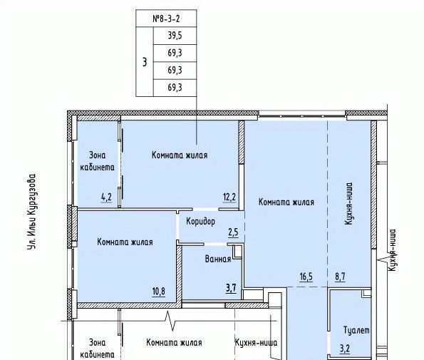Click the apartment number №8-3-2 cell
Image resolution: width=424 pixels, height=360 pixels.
click(x=166, y=19)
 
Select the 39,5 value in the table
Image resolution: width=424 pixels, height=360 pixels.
click(x=175, y=36)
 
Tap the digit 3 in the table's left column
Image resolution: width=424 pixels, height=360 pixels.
click(x=145, y=62)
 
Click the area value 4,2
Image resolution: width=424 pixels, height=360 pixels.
click(x=106, y=197)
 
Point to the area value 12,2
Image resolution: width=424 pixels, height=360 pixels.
click(x=229, y=197)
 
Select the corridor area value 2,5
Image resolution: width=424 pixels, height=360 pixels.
click(x=233, y=232)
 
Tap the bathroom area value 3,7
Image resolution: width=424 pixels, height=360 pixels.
click(x=231, y=288)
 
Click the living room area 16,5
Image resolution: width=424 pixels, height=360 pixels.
click(x=306, y=277)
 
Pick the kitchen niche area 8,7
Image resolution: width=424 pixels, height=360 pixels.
click(x=340, y=277)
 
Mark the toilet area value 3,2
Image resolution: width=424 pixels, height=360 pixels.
click(x=345, y=349)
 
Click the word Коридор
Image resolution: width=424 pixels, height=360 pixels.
click(x=201, y=222)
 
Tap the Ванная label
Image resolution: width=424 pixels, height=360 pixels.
click(x=218, y=259)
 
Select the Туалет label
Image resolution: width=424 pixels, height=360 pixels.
click(x=356, y=330)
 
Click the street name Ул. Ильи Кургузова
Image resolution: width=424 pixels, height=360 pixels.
click(x=31, y=212)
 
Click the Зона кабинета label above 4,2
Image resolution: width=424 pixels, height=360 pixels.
click(x=98, y=161)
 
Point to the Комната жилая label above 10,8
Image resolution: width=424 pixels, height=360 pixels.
click(x=125, y=242)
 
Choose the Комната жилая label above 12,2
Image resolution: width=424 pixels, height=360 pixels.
click(x=180, y=155)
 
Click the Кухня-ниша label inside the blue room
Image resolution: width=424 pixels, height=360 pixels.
click(x=348, y=204)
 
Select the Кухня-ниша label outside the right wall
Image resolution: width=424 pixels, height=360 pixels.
click(x=392, y=250)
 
